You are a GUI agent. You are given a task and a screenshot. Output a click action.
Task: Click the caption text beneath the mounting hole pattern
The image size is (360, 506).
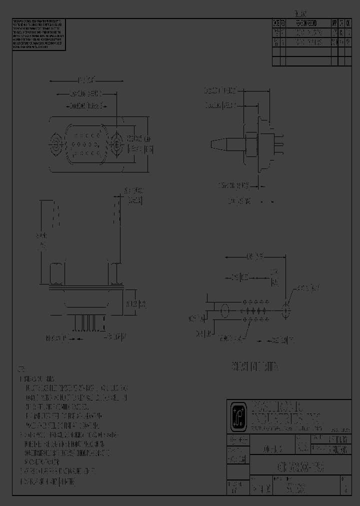point(254,367)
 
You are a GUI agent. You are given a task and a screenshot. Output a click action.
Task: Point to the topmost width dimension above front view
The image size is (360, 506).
point(87,79)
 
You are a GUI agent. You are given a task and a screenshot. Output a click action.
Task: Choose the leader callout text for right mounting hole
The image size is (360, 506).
point(307,288)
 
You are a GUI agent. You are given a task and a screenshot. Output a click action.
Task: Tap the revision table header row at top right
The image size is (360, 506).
point(311,23)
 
